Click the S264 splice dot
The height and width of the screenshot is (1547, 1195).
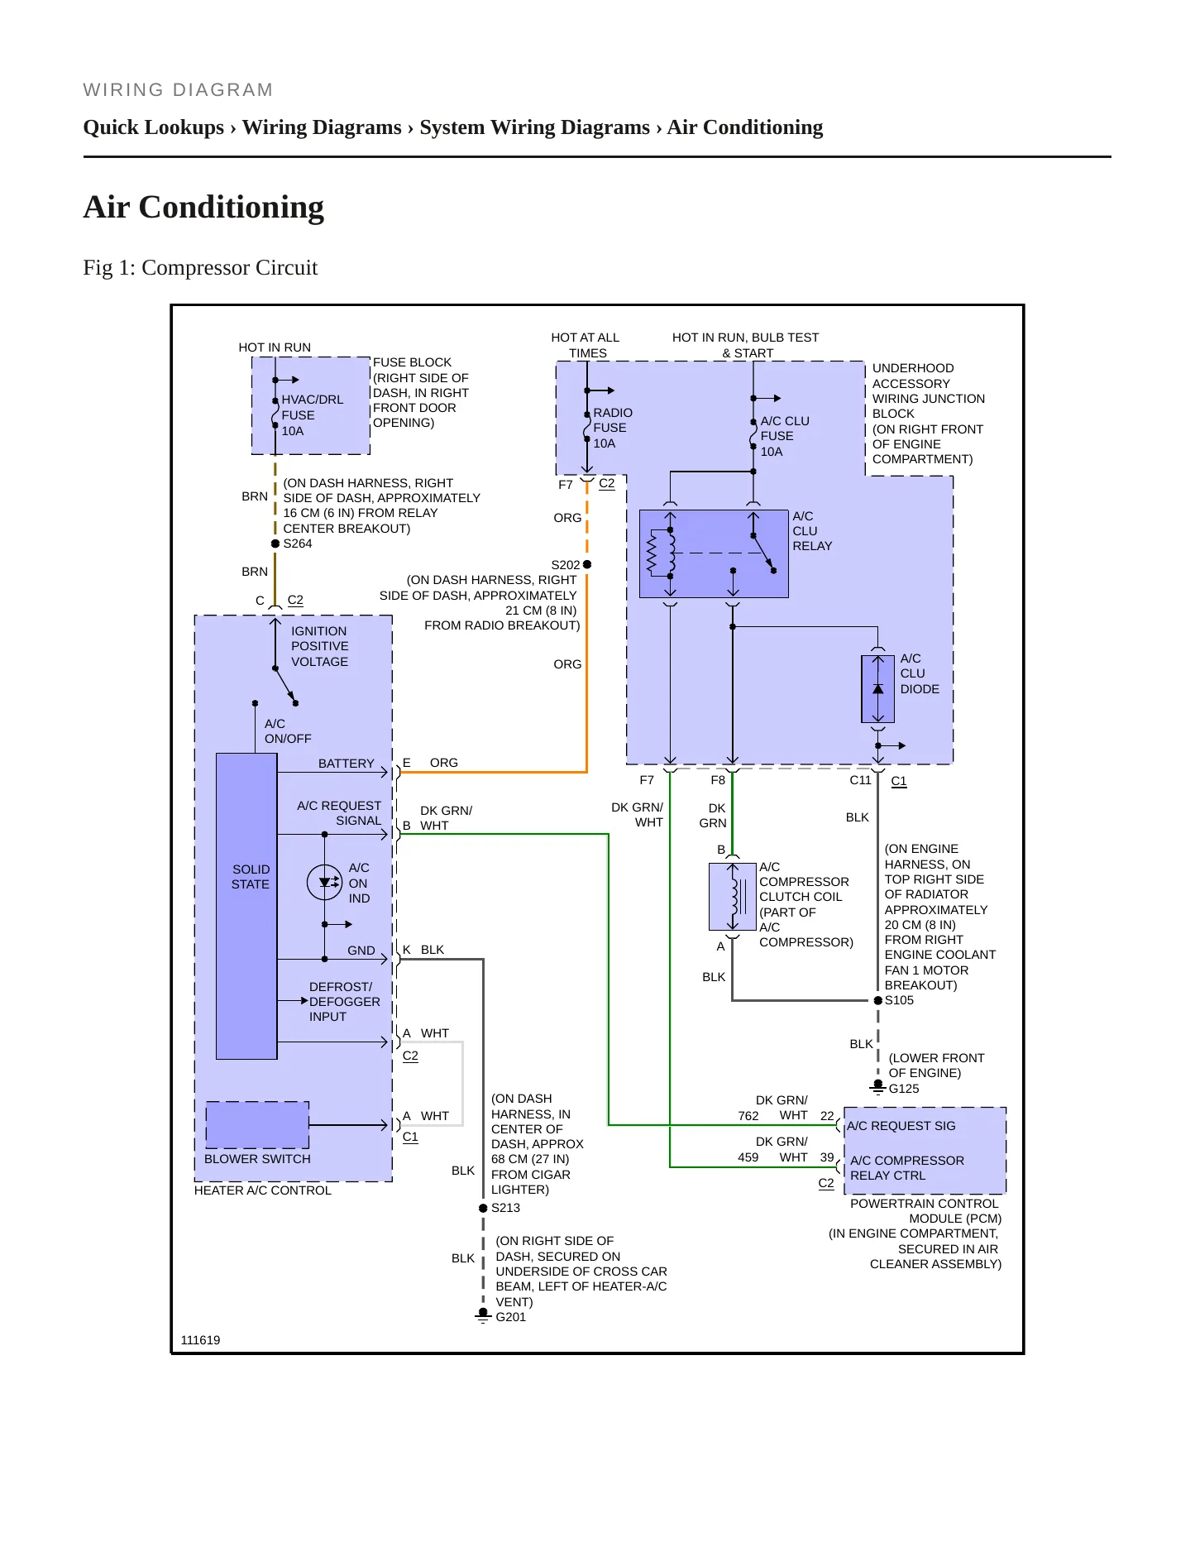pos(275,544)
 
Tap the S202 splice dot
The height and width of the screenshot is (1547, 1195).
pos(587,564)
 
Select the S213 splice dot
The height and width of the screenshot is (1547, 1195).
pos(483,1208)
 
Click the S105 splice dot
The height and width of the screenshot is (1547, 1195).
pos(878,1000)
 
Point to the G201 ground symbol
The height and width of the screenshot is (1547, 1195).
pos(483,1315)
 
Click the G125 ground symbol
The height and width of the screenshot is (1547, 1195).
pos(878,1087)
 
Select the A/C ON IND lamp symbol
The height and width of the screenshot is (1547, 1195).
pos(324,883)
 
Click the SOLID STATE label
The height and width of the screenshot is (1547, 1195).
pos(251,877)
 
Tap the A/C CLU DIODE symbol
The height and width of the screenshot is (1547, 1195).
pos(878,689)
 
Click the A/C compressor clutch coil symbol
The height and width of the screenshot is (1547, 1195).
pos(733,896)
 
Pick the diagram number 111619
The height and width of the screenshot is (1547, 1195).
pos(200,1340)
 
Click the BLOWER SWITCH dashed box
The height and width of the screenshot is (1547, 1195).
pos(257,1125)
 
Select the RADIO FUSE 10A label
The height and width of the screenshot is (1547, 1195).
pos(613,428)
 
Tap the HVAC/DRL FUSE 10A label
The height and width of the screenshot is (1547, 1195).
pos(312,415)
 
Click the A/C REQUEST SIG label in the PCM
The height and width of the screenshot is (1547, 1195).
pos(901,1126)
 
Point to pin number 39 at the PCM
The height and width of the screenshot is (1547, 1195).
pos(827,1157)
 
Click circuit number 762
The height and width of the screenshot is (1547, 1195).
pos(748,1116)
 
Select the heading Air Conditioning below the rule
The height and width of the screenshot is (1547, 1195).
pos(203,207)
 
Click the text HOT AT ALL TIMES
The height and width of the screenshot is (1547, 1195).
pos(586,345)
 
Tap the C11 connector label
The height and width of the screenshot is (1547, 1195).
pos(860,780)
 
